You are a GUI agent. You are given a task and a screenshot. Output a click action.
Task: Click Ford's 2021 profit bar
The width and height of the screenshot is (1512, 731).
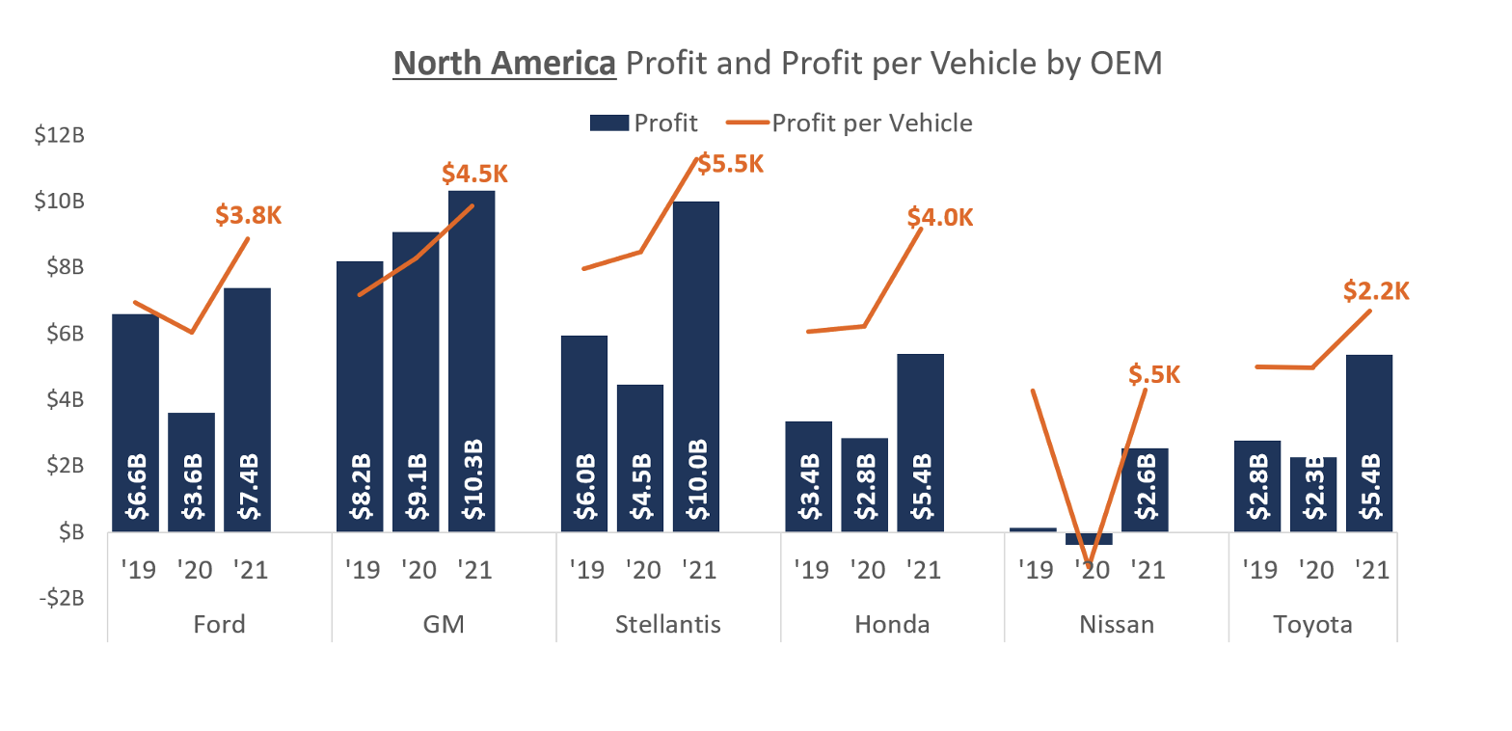(247, 409)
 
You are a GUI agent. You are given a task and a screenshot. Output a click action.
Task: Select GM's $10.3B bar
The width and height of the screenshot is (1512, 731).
(472, 361)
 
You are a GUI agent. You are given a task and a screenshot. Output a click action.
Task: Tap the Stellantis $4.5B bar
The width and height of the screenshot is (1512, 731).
(640, 458)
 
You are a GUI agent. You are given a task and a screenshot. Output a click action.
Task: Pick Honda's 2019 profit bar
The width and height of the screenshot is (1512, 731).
(808, 475)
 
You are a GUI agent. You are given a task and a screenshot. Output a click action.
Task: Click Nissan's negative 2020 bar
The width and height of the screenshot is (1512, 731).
(1089, 538)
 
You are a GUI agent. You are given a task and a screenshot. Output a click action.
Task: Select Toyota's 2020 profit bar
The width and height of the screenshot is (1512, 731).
(1313, 494)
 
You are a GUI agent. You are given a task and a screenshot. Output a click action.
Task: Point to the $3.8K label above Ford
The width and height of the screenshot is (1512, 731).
(249, 215)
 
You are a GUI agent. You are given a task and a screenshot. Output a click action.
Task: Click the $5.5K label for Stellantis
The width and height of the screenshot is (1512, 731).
(731, 164)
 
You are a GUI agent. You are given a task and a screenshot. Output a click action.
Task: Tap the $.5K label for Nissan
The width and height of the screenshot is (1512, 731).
(1154, 374)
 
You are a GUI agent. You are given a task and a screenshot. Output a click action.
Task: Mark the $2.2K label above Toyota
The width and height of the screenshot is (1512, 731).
(1376, 290)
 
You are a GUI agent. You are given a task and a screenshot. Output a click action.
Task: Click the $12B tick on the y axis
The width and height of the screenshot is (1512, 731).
(59, 135)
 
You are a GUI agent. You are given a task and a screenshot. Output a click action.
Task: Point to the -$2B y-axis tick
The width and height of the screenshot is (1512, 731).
(59, 598)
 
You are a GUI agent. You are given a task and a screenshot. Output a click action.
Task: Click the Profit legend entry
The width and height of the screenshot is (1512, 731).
(643, 122)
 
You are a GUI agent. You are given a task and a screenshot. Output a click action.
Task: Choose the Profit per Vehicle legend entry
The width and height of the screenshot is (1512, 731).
(858, 122)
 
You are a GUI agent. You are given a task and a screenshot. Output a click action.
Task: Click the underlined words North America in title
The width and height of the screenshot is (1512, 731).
(504, 64)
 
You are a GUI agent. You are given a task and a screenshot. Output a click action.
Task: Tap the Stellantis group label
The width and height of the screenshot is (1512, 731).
(668, 625)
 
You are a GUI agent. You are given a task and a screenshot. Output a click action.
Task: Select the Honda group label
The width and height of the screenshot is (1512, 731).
(892, 625)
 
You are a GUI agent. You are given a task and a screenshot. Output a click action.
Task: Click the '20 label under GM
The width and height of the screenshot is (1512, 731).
(416, 570)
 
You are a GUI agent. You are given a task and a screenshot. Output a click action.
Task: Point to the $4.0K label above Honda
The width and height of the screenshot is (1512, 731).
(940, 217)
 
